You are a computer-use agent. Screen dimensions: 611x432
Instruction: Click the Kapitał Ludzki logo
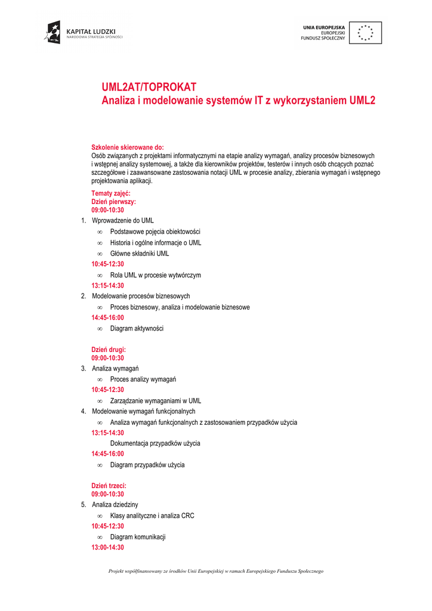[x=83, y=32]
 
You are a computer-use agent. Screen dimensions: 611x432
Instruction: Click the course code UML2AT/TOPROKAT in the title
[x=149, y=88]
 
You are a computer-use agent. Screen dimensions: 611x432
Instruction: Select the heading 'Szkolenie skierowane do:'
[x=127, y=147]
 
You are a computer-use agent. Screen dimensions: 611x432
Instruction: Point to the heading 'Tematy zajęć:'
[x=111, y=194]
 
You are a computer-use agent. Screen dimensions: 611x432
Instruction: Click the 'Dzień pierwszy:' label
[x=114, y=202]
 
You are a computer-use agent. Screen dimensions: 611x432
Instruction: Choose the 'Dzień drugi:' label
[x=109, y=350]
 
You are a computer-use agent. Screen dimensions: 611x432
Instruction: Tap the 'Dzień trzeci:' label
[x=109, y=486]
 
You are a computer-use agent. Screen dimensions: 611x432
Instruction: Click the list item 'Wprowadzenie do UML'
[x=122, y=221]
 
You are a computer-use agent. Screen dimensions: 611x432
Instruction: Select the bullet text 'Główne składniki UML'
[x=140, y=254]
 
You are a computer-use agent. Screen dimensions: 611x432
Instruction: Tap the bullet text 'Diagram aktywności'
[x=137, y=329]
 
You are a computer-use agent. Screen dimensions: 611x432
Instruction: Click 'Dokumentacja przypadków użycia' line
[x=155, y=443]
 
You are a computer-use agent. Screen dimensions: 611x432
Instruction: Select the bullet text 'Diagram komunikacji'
[x=138, y=537]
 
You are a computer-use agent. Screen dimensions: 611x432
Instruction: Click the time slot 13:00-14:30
[x=108, y=547]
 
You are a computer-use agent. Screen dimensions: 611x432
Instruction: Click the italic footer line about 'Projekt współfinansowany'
[x=215, y=572]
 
